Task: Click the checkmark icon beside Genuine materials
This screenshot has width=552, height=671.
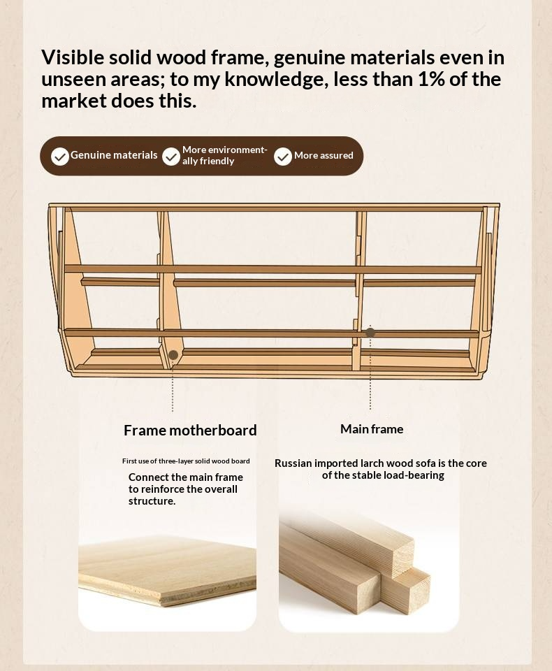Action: point(60,157)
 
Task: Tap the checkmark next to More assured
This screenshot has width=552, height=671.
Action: point(283,157)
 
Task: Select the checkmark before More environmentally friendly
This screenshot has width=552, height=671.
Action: point(171,157)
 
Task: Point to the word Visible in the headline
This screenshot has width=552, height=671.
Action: point(73,57)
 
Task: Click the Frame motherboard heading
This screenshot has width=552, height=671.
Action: point(190,430)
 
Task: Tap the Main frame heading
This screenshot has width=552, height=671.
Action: point(372,428)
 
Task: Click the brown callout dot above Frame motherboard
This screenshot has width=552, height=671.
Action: point(173,355)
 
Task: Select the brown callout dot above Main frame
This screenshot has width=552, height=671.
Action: point(370,332)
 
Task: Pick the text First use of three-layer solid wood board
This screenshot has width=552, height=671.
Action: point(186,461)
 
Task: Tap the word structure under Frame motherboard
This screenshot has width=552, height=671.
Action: point(152,501)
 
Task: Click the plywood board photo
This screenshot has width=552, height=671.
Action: point(167,569)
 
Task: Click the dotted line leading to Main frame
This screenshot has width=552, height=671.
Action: point(370,373)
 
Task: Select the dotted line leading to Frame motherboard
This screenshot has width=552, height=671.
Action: point(173,386)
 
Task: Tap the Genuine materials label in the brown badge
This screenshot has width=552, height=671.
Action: point(114,155)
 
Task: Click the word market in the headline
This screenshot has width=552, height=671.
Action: point(74,101)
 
